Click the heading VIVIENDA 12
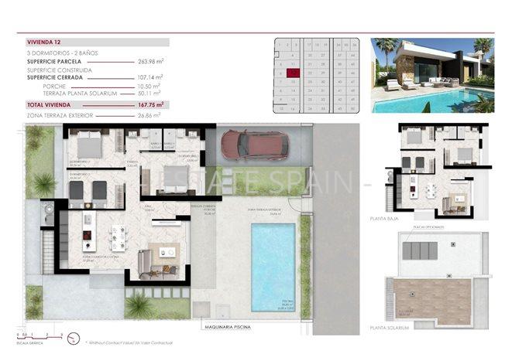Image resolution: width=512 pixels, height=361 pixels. (44, 43)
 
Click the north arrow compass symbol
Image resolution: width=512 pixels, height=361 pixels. (74, 338)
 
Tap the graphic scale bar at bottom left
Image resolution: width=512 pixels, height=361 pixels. (35, 335)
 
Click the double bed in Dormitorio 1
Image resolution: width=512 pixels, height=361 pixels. (88, 145)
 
